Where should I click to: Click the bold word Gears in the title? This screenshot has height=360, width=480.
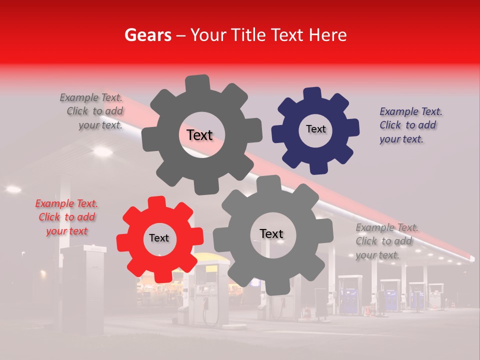[x=147, y=35]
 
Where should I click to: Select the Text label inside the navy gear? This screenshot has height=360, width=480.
[x=315, y=129]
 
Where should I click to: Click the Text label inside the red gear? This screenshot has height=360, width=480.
[x=159, y=238]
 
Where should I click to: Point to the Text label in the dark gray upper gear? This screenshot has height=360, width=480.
[x=199, y=135]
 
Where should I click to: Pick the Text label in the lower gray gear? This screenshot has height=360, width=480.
[x=271, y=233]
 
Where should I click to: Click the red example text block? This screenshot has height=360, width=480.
[x=66, y=217]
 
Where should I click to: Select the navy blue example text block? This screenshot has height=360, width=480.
[x=410, y=125]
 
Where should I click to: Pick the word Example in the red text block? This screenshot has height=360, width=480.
[x=54, y=203]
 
